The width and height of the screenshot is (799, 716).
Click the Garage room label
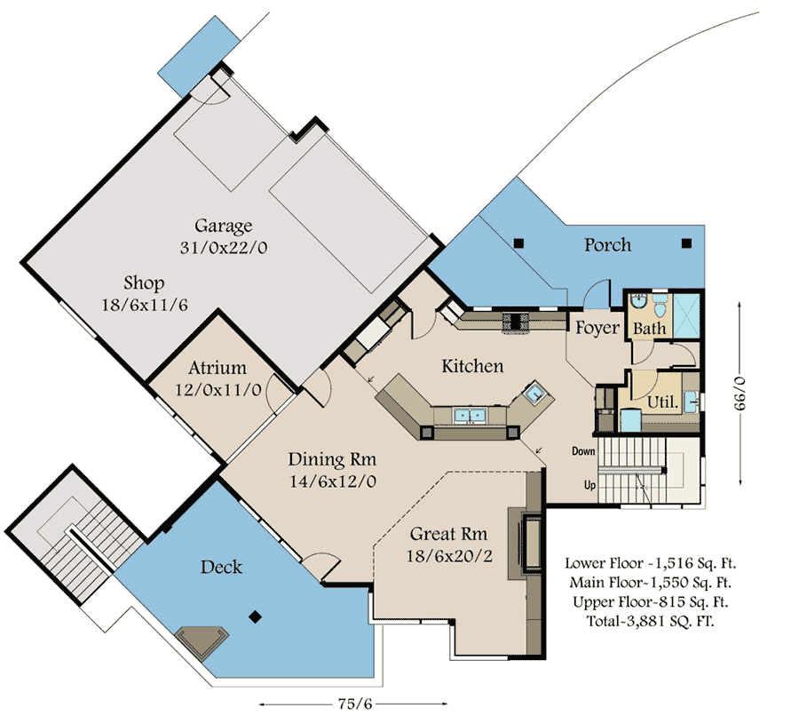(x=223, y=226)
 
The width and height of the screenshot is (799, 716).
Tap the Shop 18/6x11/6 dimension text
(x=145, y=305)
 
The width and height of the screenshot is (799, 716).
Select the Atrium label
(x=218, y=368)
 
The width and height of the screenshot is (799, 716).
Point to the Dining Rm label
(x=332, y=459)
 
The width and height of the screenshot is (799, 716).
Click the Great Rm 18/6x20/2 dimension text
(x=449, y=556)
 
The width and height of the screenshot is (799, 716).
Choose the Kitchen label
(x=472, y=366)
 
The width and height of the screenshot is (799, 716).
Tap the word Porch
(x=607, y=245)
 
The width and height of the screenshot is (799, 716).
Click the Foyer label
(x=597, y=328)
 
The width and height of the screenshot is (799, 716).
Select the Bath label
(x=649, y=329)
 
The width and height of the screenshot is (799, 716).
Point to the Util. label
(x=663, y=402)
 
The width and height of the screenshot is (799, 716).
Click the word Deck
(x=221, y=567)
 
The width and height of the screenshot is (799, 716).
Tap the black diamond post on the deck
(x=256, y=617)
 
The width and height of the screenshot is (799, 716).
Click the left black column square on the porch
(x=518, y=243)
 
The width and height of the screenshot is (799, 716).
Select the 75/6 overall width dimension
(x=354, y=704)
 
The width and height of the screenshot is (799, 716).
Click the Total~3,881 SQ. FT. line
(x=650, y=621)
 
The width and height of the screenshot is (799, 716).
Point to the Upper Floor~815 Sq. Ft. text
(x=650, y=601)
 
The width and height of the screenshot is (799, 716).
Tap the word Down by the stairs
(x=583, y=451)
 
